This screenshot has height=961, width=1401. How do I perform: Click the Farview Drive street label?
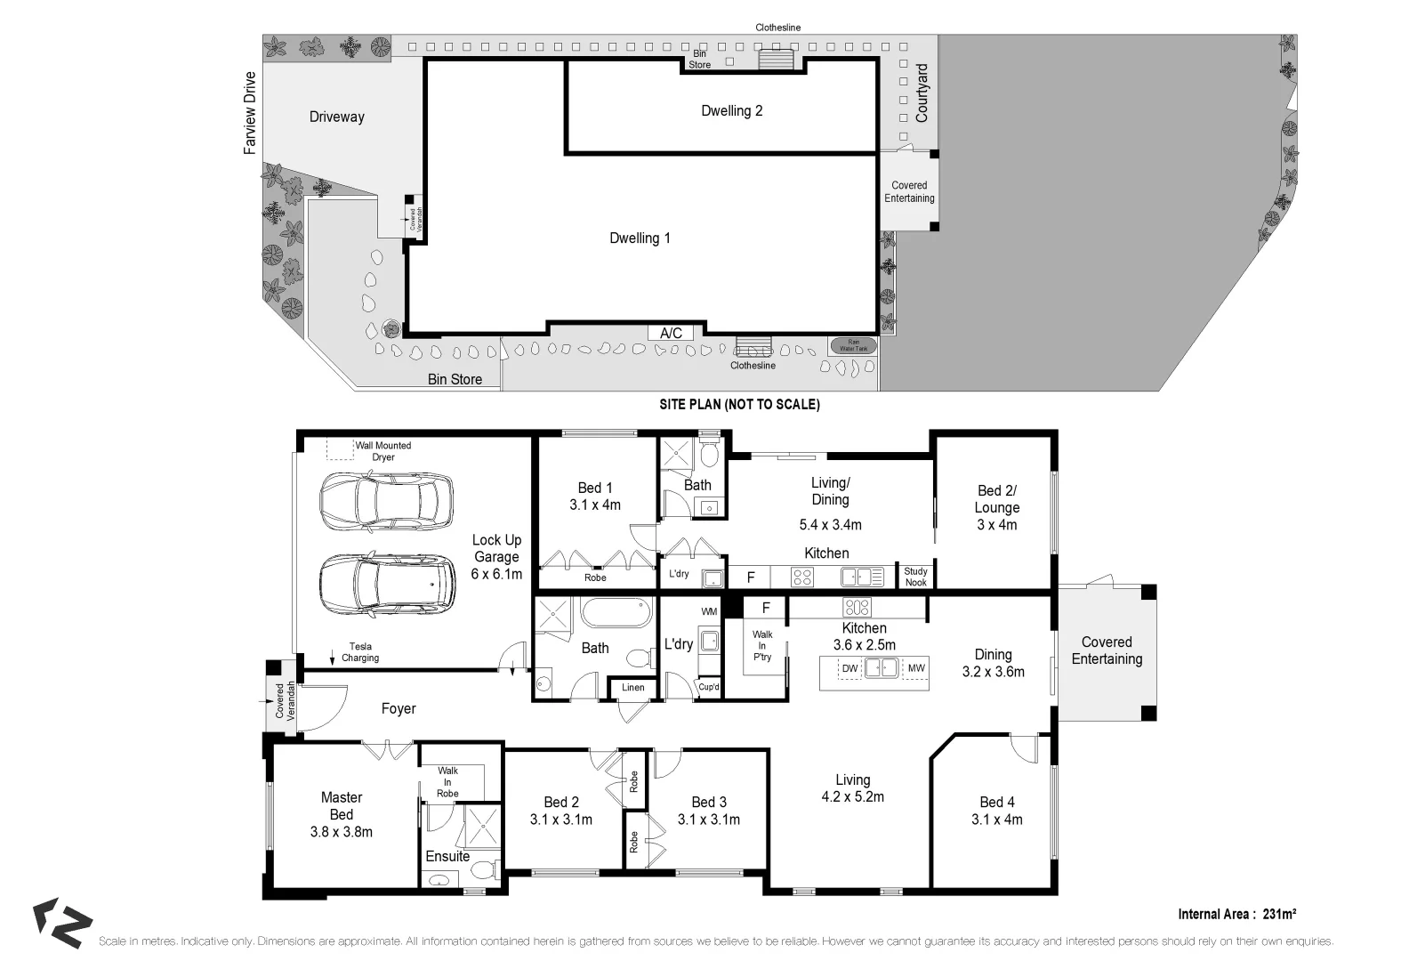pos(250,113)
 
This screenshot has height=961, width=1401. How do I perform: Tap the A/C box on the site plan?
pos(671,333)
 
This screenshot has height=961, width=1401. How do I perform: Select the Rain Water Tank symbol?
pos(852,345)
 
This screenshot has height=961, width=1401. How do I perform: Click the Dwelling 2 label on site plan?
pos(731,110)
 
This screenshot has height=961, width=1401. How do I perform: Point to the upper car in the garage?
pos(386,502)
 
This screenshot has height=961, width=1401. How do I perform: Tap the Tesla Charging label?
pos(360,652)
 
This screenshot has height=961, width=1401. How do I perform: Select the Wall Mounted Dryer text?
pos(383,451)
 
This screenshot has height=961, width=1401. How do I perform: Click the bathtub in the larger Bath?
pos(616,613)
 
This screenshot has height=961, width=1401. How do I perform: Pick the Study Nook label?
pos(915,577)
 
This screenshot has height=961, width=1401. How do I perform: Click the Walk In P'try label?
pos(762,645)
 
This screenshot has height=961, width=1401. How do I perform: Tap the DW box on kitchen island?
pos(849,668)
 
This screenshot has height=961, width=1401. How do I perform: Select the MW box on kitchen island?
pos(915,668)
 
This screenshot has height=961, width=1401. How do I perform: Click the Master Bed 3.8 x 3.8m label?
pos(342,814)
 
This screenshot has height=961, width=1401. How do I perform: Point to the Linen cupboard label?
pos(633,687)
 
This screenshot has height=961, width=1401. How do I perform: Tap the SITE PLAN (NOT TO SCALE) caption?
pos(739,404)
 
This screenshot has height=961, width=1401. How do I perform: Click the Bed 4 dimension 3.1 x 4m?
pos(996,820)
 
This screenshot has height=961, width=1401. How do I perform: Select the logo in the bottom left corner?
pos(61,923)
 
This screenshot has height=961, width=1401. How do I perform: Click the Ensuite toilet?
pos(484,869)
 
